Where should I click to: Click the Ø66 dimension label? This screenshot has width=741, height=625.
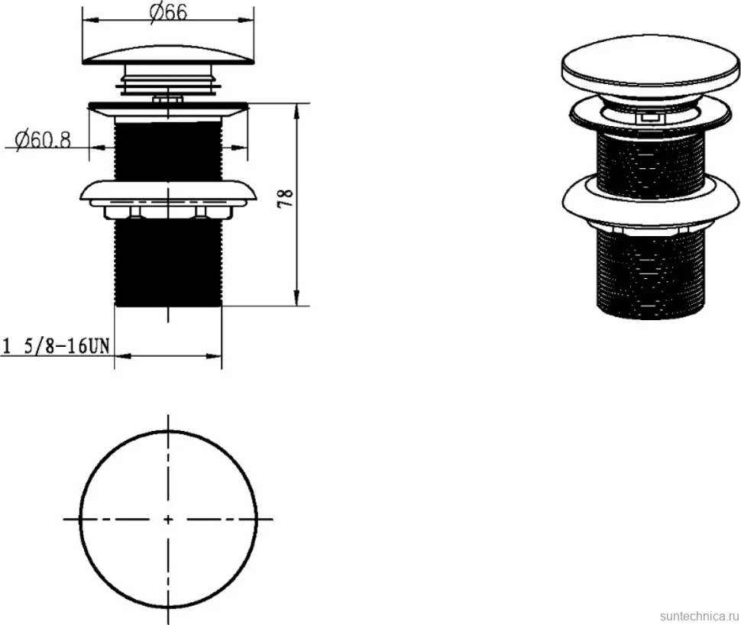click(x=168, y=11)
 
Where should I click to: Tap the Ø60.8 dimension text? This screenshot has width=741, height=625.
click(x=43, y=140)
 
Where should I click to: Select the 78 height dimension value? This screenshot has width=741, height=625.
click(x=286, y=199)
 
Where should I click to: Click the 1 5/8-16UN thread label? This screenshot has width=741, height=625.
click(x=57, y=347)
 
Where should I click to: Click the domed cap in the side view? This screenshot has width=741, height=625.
click(x=168, y=55)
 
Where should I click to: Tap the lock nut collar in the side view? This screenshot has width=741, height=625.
click(x=168, y=199)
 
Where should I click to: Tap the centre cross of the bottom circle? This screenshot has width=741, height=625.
click(x=168, y=520)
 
